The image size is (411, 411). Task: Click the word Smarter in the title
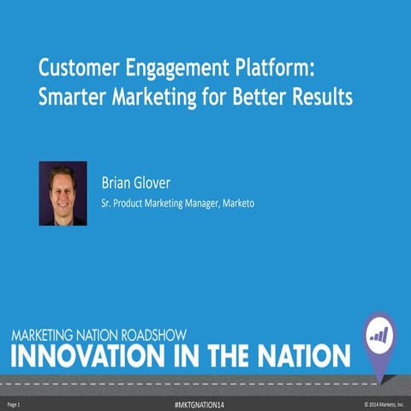point(71,97)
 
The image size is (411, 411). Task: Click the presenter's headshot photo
point(63,194)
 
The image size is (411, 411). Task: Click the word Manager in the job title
point(200,205)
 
